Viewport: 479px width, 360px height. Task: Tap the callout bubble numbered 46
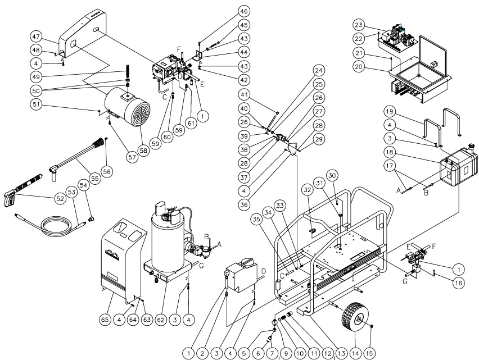(x=243, y=11)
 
